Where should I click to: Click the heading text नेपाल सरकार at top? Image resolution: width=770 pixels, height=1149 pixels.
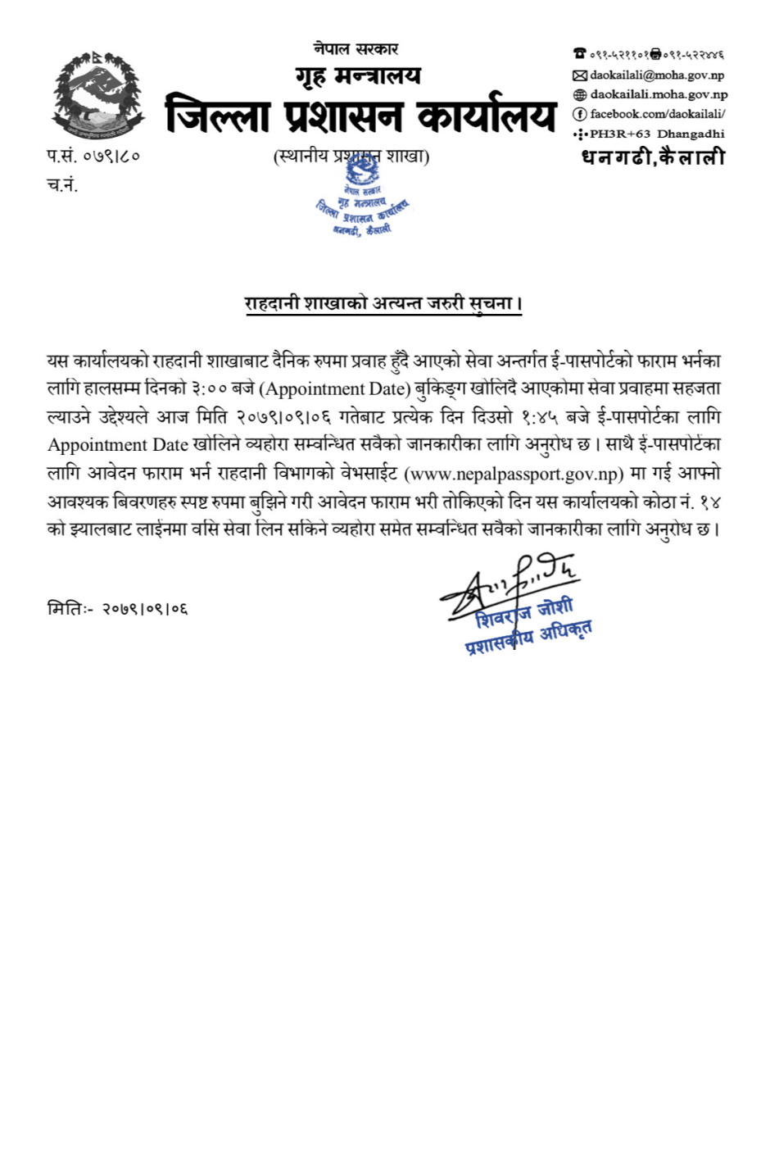356,49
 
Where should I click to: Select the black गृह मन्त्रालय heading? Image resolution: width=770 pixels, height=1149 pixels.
358,76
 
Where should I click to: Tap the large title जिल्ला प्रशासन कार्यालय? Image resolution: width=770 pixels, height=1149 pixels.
360,115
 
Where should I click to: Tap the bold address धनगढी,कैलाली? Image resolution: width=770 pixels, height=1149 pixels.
653,157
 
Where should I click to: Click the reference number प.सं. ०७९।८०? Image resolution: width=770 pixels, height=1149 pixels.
93,156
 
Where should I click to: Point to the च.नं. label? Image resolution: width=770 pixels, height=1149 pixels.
62,185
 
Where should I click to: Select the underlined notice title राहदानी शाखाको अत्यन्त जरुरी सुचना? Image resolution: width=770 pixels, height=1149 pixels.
383,303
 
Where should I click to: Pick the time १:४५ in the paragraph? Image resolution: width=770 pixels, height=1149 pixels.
539,417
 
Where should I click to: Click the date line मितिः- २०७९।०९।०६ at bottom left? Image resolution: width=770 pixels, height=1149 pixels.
118,609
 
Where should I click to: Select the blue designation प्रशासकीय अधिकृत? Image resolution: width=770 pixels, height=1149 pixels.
528,637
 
